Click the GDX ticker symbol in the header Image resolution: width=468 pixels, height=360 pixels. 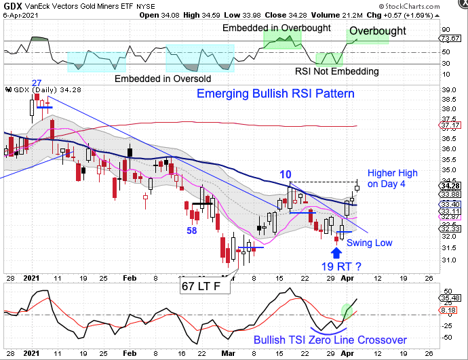(x=12, y=5)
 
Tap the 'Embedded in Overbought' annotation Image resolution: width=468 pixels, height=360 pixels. (x=277, y=28)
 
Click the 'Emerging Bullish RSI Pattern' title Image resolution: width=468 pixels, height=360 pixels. (x=275, y=94)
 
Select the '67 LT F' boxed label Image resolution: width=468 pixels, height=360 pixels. (x=204, y=287)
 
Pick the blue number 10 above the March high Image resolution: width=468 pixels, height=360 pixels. (x=286, y=175)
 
